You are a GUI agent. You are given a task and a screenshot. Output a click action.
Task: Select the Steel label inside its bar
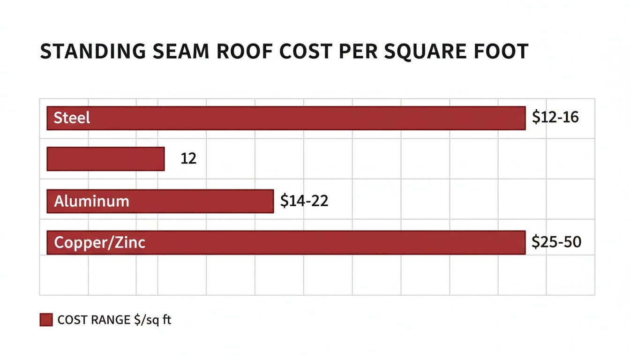[x=72, y=118]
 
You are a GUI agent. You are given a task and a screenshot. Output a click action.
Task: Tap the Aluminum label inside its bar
[x=91, y=202]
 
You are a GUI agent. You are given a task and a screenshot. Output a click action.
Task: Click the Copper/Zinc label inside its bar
[x=99, y=243]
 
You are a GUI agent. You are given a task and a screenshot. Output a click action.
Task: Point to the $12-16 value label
[x=555, y=117]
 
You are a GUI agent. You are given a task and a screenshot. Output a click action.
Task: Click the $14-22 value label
[x=304, y=201]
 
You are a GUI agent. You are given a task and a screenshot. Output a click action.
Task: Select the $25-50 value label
[x=556, y=242]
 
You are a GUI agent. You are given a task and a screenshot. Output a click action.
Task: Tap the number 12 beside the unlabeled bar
[x=188, y=159]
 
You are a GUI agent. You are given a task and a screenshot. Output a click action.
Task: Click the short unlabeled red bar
[x=105, y=159]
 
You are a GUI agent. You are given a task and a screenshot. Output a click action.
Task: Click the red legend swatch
[x=46, y=320]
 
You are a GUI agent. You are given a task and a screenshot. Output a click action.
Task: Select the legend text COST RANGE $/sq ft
[x=114, y=320]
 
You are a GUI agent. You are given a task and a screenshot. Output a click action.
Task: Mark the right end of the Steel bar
[x=524, y=118]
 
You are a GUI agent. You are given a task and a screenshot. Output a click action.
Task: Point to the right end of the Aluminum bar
[x=272, y=202]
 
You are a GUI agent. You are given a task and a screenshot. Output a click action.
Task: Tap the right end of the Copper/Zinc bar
[x=524, y=243]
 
